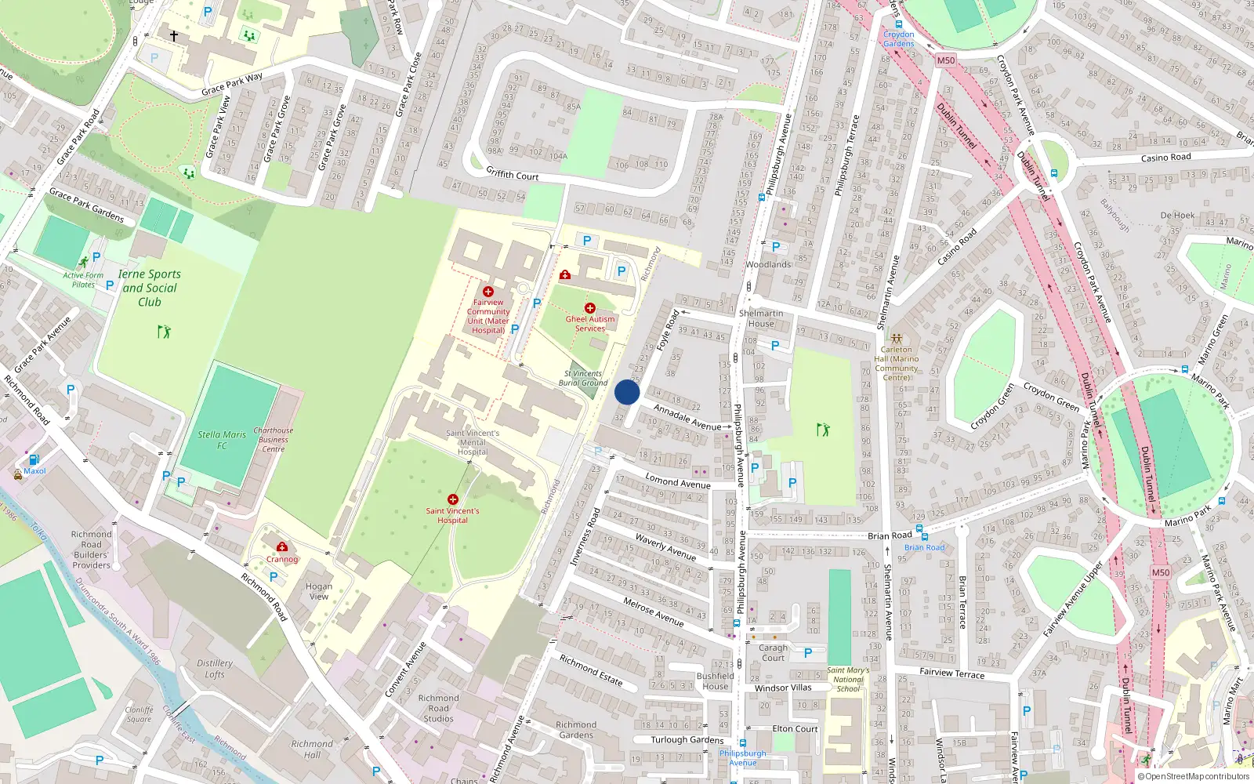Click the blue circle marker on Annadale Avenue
click(x=627, y=392)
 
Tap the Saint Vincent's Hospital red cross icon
click(x=453, y=499)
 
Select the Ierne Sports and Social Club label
click(x=149, y=288)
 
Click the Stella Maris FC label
click(x=222, y=439)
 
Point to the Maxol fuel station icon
click(x=34, y=459)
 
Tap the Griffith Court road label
click(x=513, y=174)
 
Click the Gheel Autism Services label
click(x=590, y=324)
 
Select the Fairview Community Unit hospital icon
click(x=488, y=292)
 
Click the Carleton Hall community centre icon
click(x=897, y=339)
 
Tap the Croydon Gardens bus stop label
click(x=898, y=39)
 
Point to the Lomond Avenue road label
click(x=678, y=481)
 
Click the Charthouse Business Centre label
click(x=274, y=440)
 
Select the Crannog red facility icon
click(x=282, y=546)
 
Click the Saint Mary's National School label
click(x=848, y=679)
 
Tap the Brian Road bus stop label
click(x=925, y=547)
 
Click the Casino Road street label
click(x=1165, y=158)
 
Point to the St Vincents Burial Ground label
click(x=583, y=378)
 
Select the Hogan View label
click(x=319, y=591)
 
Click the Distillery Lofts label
click(x=215, y=668)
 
